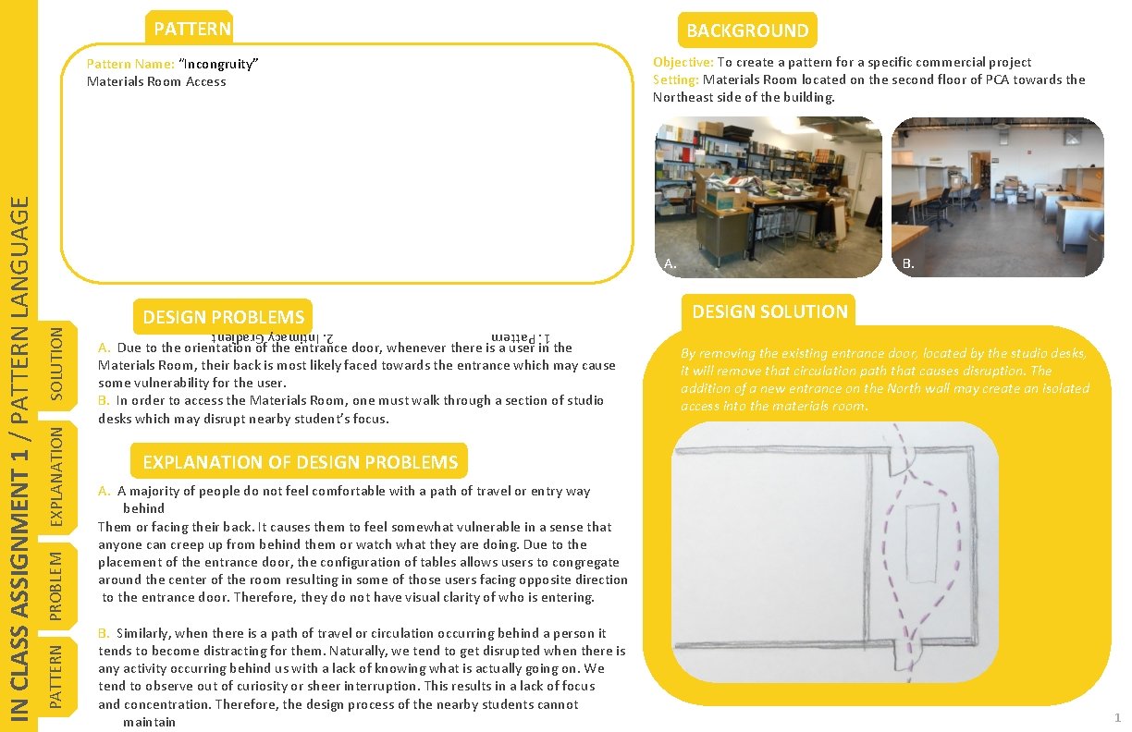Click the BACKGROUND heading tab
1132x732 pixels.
click(x=747, y=30)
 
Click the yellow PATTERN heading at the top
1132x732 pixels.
click(x=192, y=29)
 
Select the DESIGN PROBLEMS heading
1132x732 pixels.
click(x=223, y=317)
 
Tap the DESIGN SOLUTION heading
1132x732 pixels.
click(x=769, y=311)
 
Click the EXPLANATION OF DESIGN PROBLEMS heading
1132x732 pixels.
click(x=300, y=461)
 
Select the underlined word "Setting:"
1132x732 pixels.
click(x=675, y=79)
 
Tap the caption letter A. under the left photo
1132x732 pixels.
click(x=671, y=264)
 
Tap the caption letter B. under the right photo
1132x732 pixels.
click(x=908, y=264)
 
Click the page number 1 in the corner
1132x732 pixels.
click(x=1117, y=717)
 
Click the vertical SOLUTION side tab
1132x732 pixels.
click(x=56, y=367)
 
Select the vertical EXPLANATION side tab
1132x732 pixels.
click(x=56, y=476)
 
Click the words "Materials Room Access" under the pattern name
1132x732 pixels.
click(x=156, y=81)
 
